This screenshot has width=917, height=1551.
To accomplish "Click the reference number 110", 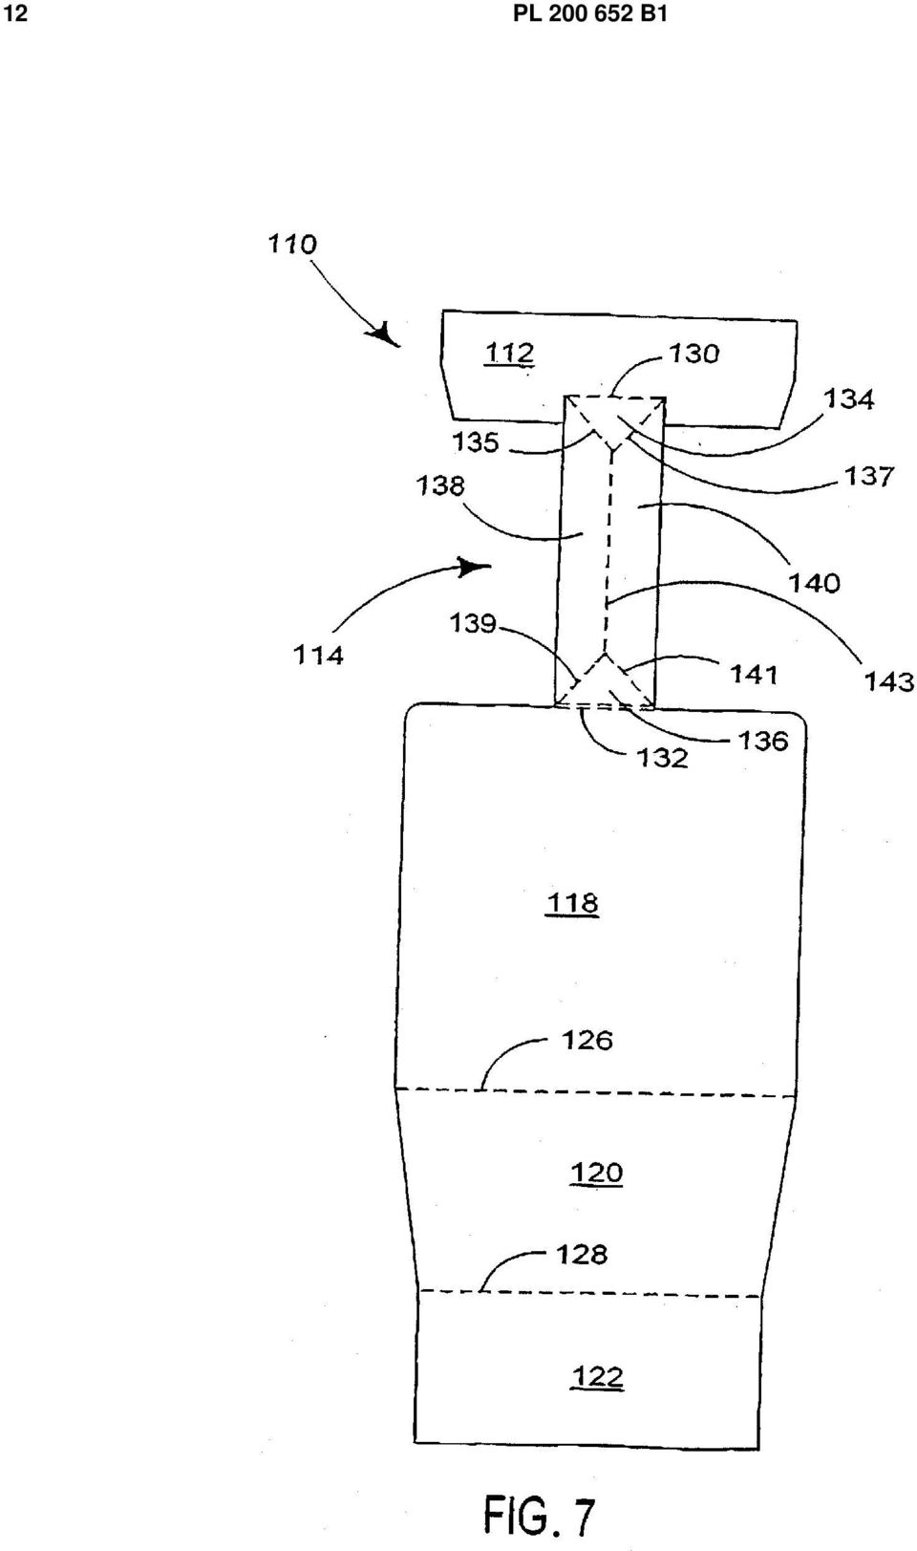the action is coord(292,245).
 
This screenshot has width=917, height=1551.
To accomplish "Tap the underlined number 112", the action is coord(509,354).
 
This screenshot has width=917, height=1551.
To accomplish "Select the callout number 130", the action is coord(693,354).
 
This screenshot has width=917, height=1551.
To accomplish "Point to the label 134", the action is coord(848,399).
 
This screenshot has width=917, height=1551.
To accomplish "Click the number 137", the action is coord(868,476).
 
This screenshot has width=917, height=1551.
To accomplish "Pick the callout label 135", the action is coord(475,442).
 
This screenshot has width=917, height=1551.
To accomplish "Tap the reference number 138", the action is coord(440,486).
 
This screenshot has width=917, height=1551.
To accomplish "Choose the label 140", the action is coord(814,583).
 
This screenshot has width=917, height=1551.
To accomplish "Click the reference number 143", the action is coord(889,682).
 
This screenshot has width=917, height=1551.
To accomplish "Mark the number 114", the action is coord(318,655).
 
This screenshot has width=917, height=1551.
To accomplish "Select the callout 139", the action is coord(474,624).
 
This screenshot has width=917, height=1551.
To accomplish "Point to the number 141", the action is coord(755,674).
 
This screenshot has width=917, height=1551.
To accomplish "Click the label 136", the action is coord(763,742).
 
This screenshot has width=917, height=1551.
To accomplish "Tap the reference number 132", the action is coord(663,758).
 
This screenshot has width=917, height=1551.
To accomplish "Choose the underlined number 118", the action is coord(572,903).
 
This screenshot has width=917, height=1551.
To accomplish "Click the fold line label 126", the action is coord(586,1041).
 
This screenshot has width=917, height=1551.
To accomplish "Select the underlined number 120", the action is coord(597,1173).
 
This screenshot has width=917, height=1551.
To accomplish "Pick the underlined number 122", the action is coord(597,1376).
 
